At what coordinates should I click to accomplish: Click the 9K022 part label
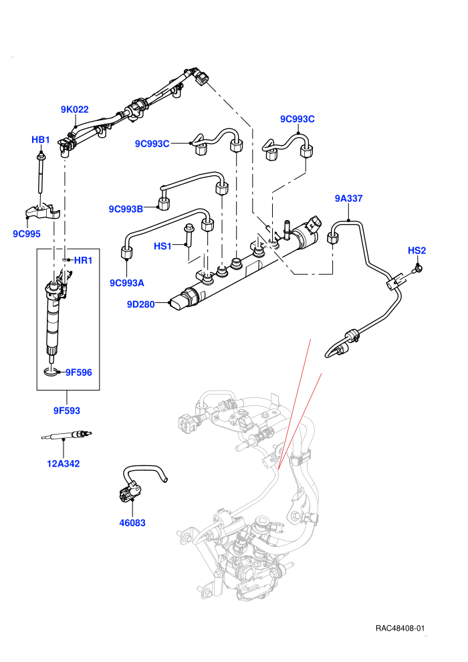[x=74, y=110]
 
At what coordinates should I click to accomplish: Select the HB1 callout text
[x=41, y=140]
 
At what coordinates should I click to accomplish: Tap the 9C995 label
[x=27, y=233]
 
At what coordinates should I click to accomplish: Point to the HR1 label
[x=83, y=261]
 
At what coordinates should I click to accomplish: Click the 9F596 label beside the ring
[x=78, y=372]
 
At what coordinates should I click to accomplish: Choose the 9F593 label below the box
[x=67, y=411]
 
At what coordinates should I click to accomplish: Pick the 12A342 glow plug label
[x=64, y=463]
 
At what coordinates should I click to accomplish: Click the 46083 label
[x=132, y=523]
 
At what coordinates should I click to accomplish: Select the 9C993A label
[x=127, y=283]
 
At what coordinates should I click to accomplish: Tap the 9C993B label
[x=126, y=209]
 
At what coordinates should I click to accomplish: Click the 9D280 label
[x=141, y=304]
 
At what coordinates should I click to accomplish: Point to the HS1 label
[x=163, y=246]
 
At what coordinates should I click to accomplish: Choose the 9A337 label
[x=348, y=199]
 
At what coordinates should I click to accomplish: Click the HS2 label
[x=417, y=250]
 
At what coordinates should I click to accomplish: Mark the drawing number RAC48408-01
[x=400, y=628]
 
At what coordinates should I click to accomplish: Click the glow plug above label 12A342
[x=67, y=435]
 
